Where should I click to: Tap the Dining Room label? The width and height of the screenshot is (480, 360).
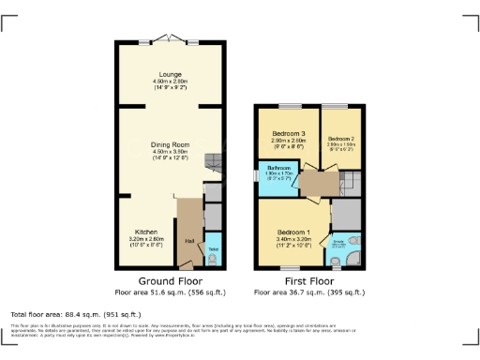[170, 144]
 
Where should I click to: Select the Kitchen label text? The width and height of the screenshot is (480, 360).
[144, 231]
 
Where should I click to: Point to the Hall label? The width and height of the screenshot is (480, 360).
[189, 241]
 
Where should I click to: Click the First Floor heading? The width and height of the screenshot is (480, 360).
[308, 280]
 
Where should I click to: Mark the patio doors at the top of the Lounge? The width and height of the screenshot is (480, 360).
[170, 39]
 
